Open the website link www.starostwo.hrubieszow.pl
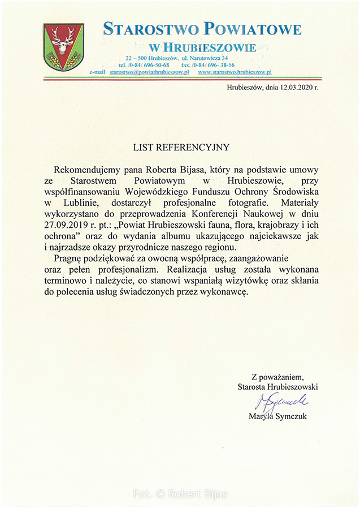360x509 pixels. [x=235, y=73]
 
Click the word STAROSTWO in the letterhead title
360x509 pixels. [x=145, y=29]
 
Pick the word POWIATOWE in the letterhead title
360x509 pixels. [x=253, y=29]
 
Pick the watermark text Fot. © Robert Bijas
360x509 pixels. [x=180, y=494]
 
